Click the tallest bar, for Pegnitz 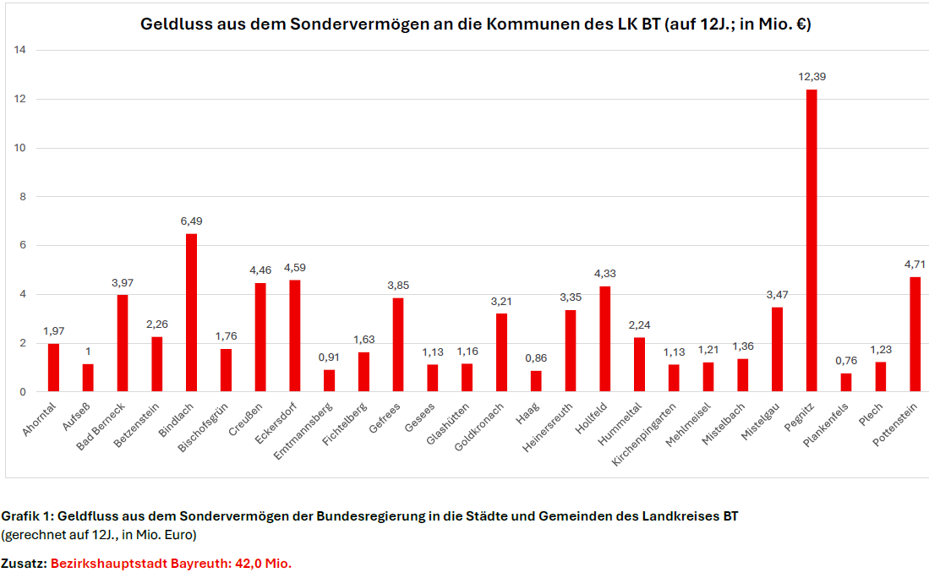812,241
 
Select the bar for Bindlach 191,313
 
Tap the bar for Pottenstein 915,335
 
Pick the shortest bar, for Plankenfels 845,383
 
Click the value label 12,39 812,77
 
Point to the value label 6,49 191,221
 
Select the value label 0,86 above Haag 536,358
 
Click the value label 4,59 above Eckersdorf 295,268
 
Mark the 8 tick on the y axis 23,197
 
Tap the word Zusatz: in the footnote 24,564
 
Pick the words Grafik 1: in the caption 28,515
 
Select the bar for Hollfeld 604,339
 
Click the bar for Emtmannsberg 329,381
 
